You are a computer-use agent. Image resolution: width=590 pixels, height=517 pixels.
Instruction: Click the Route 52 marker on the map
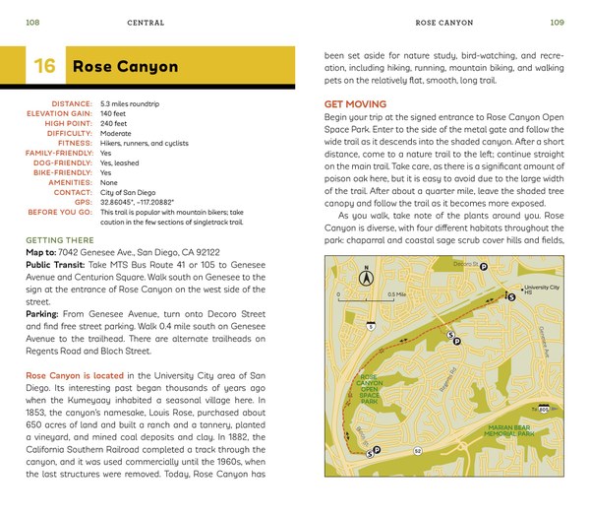point(417,450)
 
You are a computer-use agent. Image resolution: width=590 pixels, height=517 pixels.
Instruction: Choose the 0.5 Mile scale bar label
point(396,294)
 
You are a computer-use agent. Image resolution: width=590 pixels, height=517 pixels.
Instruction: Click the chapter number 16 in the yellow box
point(43,67)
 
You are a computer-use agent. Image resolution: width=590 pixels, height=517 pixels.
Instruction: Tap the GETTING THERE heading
point(60,240)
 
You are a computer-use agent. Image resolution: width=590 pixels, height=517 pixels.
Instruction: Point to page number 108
point(32,21)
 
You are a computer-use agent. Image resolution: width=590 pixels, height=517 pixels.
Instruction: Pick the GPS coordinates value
point(142,201)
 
